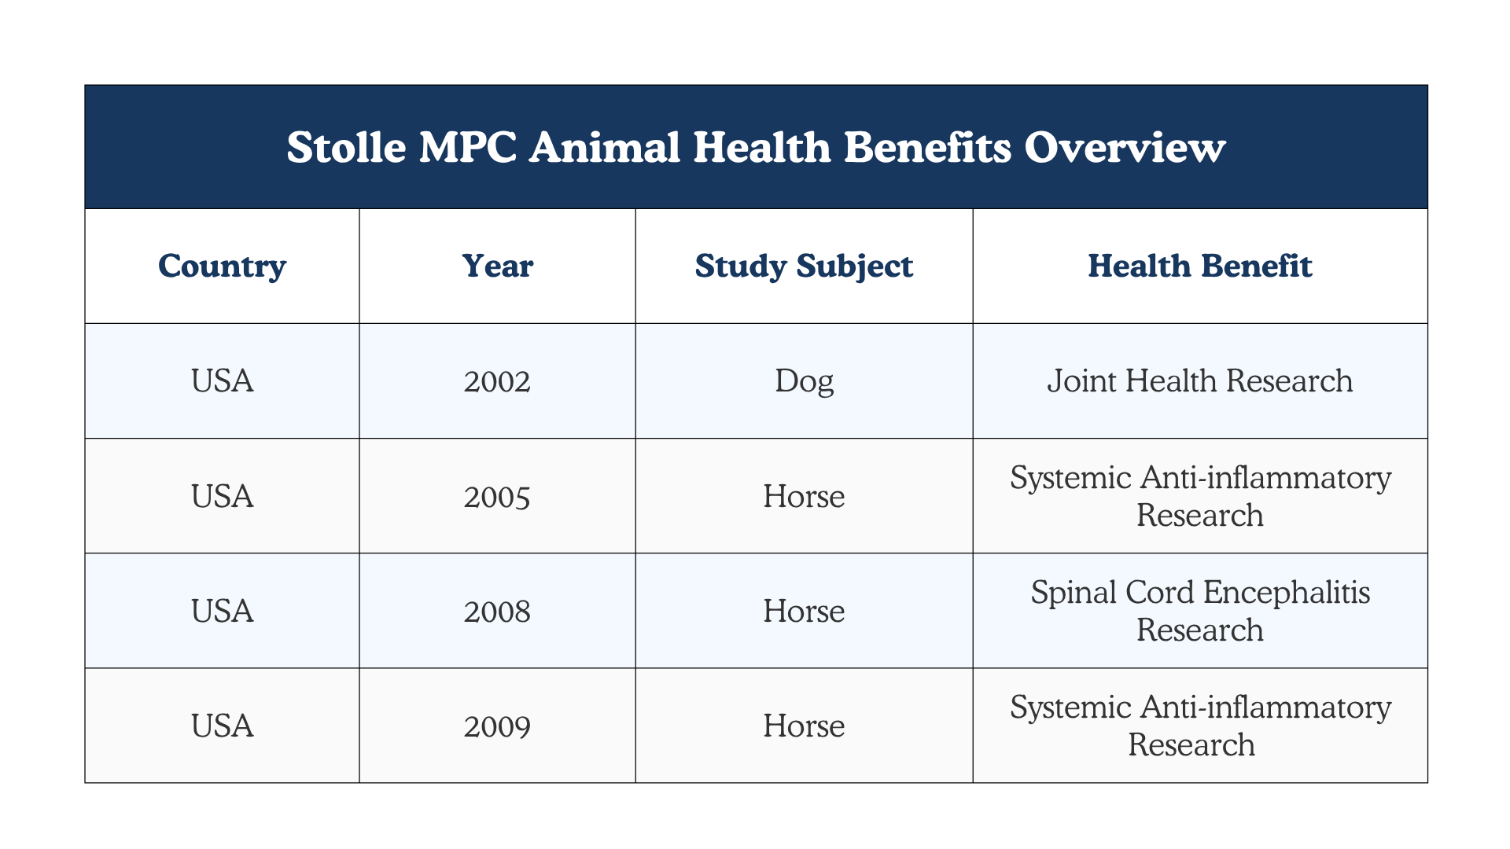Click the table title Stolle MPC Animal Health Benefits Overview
coord(756,147)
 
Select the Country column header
coord(222,266)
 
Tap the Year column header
coord(497,266)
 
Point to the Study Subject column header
coord(804,266)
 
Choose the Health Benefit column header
coord(1200,266)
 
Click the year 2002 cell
coord(497,381)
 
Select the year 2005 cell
coord(497,496)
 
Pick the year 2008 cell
coord(497,611)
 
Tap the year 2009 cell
coord(497,726)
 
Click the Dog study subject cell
coord(804,381)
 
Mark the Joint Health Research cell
coord(1200,381)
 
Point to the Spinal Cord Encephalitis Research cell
coord(1200,611)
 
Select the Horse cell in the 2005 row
coord(804,496)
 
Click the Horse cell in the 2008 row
coord(804,611)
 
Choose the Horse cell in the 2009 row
coord(804,726)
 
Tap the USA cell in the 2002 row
coord(222,381)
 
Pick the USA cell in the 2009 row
coord(222,726)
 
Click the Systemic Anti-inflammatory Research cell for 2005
coord(1200,496)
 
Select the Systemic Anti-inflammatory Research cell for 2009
coord(1200,726)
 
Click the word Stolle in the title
coord(345,147)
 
